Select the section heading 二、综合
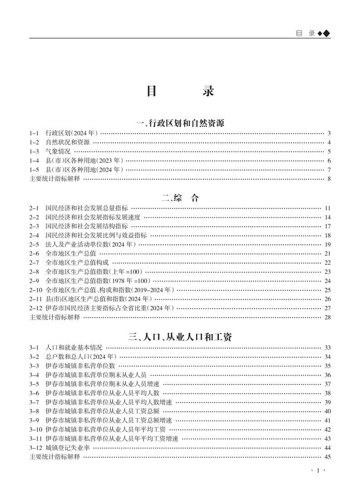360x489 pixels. (180, 198)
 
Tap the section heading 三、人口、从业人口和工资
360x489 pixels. (180, 337)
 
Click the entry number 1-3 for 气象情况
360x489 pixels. (34, 152)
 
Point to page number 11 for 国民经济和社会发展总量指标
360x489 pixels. (327, 208)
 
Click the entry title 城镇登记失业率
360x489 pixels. (68, 448)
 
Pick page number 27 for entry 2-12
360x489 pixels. (327, 308)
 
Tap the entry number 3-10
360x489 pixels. (36, 430)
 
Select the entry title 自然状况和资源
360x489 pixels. (68, 143)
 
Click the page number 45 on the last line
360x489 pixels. (327, 457)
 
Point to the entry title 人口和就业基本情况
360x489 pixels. (74, 348)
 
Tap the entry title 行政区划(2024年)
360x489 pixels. (72, 133)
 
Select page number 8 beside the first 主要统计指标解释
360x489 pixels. (329, 179)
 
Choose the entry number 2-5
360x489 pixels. (34, 244)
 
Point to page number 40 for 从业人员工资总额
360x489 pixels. (327, 411)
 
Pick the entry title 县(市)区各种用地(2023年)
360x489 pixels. (84, 161)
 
